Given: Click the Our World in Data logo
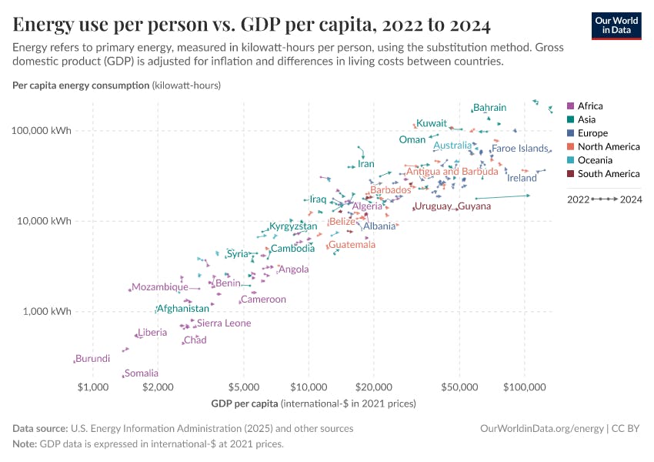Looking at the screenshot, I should coord(616,25).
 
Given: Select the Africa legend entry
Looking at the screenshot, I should coord(590,106).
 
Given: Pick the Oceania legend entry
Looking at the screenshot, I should coord(595,160).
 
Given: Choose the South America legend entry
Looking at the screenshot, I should coord(608,174).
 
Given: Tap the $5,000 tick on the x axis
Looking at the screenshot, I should coord(243,384).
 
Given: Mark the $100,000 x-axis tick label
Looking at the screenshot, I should coord(524,384).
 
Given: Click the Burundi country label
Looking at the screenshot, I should coord(92,359).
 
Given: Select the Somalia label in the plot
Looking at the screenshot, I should coord(141,373).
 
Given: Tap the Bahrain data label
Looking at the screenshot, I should coord(489,108).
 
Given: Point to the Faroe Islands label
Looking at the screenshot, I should coord(520,149).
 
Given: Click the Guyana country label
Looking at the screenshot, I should coord(474,206).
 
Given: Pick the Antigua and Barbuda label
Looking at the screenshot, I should coord(452,172).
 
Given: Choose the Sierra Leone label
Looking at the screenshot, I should coord(224,323).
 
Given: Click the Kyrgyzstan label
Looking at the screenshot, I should coord(293,227).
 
